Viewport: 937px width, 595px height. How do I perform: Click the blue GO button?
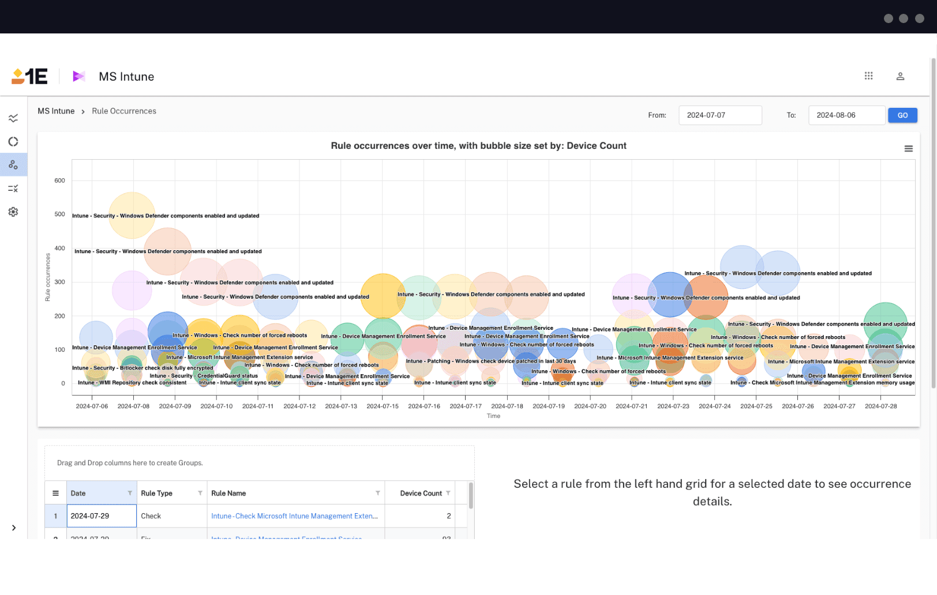pyautogui.click(x=902, y=115)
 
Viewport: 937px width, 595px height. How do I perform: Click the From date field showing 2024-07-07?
pyautogui.click(x=719, y=115)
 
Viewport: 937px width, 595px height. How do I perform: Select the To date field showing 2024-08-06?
pyautogui.click(x=846, y=115)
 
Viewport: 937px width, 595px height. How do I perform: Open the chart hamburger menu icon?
pyautogui.click(x=908, y=149)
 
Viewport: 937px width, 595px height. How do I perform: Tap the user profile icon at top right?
pyautogui.click(x=900, y=76)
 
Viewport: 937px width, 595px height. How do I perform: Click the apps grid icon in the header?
pyautogui.click(x=868, y=76)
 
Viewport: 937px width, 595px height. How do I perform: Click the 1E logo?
pyautogui.click(x=29, y=76)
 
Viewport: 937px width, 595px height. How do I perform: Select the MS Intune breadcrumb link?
pyautogui.click(x=56, y=111)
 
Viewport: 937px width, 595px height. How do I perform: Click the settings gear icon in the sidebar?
pyautogui.click(x=13, y=212)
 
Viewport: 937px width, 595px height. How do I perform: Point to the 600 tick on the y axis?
pyautogui.click(x=59, y=180)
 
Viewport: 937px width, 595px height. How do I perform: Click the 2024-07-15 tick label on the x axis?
pyautogui.click(x=383, y=406)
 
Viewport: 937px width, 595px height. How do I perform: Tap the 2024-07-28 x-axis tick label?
pyautogui.click(x=880, y=406)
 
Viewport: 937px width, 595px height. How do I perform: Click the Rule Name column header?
pyautogui.click(x=228, y=494)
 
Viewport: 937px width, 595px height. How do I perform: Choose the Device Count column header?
pyautogui.click(x=421, y=494)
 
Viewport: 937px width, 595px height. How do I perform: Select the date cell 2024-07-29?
pyautogui.click(x=102, y=516)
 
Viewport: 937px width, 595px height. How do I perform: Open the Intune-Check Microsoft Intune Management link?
pyautogui.click(x=294, y=516)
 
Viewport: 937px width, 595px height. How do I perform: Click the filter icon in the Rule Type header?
pyautogui.click(x=200, y=494)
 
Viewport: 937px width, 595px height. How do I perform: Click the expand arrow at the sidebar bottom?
pyautogui.click(x=14, y=528)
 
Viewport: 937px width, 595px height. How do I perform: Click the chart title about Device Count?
pyautogui.click(x=478, y=146)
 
